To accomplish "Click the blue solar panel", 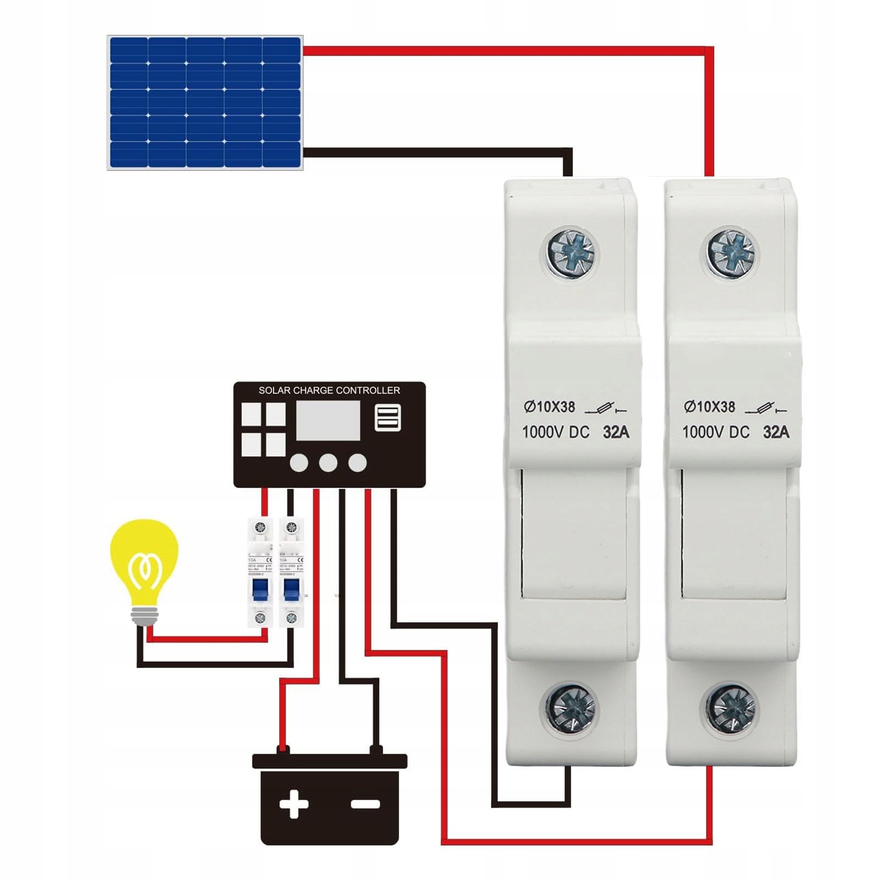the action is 205,102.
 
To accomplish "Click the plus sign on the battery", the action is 293,805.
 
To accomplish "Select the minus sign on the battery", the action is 365,805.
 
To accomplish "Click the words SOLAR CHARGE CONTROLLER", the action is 329,390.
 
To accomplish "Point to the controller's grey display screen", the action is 328,420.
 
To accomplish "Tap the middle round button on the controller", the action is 328,463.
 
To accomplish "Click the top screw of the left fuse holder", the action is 572,254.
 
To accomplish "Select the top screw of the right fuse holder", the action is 731,254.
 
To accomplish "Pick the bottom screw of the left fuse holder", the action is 571,708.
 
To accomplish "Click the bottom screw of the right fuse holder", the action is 730,708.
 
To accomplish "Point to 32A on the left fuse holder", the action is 616,432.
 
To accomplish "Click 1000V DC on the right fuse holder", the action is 715,432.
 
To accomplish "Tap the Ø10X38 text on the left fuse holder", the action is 549,407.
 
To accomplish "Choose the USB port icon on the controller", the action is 387,418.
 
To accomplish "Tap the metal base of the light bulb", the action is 144,616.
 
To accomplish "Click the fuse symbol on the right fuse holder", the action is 766,409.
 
